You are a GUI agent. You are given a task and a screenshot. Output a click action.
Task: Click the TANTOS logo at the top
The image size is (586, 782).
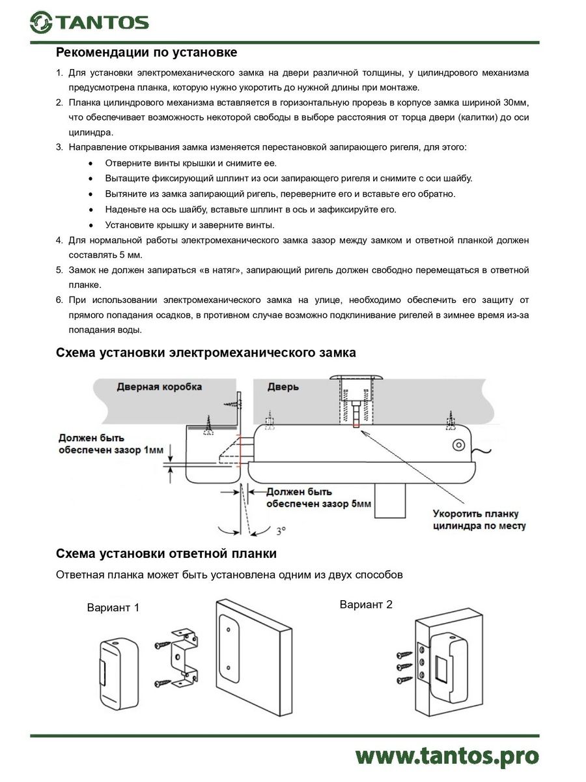[89, 23]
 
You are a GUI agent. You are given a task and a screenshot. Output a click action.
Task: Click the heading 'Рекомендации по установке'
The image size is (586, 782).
[146, 52]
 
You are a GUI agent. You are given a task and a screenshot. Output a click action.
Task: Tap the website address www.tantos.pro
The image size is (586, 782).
[447, 756]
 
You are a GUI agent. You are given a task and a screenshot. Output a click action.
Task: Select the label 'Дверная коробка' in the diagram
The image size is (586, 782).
[159, 386]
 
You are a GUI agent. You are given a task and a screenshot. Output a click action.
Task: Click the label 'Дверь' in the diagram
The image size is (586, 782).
[283, 386]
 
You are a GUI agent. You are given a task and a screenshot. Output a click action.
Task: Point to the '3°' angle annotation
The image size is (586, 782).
[280, 531]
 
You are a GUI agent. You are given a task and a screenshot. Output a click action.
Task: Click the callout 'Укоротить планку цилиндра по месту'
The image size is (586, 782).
[479, 519]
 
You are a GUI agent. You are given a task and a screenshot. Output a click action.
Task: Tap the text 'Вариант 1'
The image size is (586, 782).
[113, 607]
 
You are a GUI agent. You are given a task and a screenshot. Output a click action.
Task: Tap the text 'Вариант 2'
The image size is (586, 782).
[366, 604]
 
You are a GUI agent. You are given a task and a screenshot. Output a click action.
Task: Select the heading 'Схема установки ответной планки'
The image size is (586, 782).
[166, 554]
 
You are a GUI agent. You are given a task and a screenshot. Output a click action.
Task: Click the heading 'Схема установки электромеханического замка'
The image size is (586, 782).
[206, 353]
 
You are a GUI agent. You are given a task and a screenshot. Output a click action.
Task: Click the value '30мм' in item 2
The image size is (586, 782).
[516, 103]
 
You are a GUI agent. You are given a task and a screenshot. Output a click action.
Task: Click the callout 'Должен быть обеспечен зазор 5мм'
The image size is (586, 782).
[319, 498]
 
